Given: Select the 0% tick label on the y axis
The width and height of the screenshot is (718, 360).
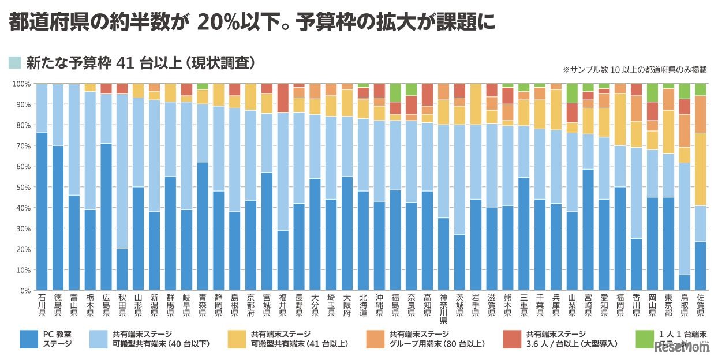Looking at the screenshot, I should pyautogui.click(x=23, y=291).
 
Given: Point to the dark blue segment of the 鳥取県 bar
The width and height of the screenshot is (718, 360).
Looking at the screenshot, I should pyautogui.click(x=684, y=283).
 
